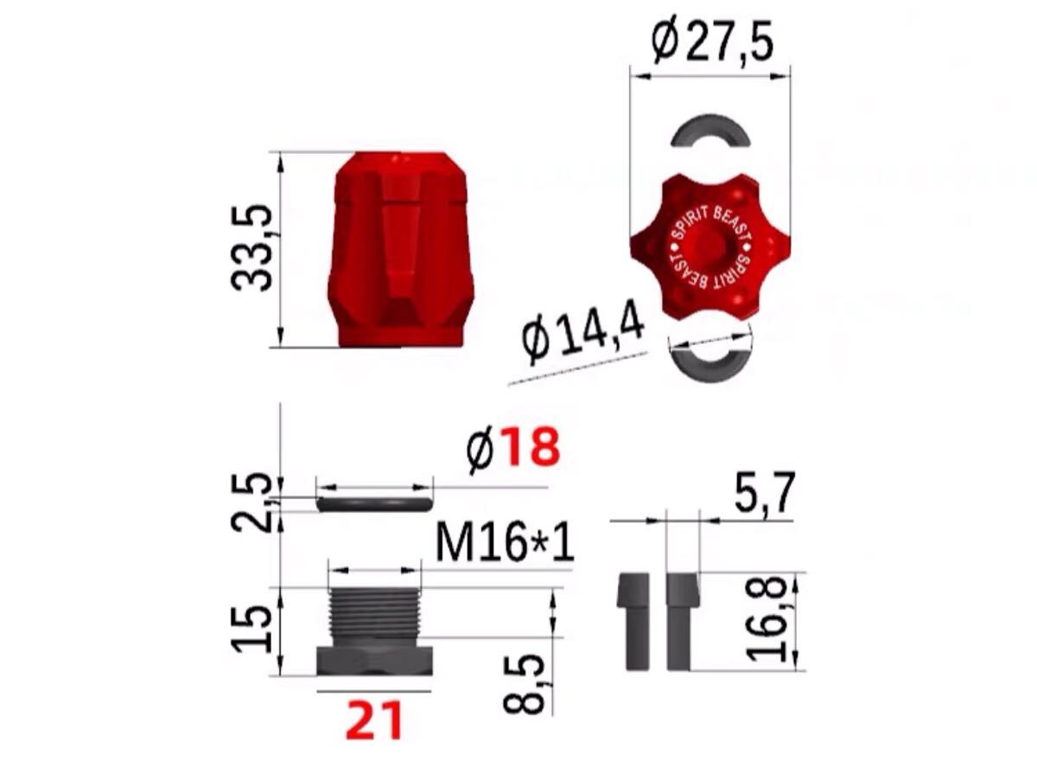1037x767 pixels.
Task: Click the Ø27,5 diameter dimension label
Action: click(712, 44)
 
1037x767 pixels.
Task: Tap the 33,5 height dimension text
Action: click(251, 247)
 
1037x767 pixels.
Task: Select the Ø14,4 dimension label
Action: click(584, 333)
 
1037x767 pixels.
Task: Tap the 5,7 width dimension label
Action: click(763, 494)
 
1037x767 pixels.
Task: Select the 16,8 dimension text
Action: click(766, 619)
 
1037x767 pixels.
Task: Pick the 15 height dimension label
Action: click(252, 630)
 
